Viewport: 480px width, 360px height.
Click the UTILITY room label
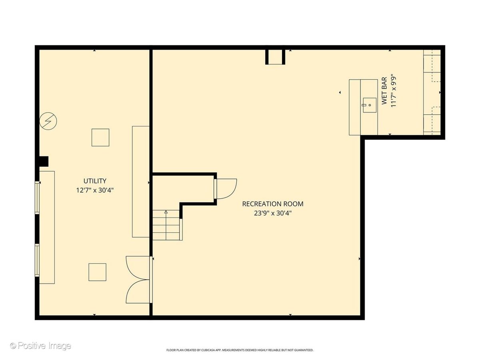point(95,181)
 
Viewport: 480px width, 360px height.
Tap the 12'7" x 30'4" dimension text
point(95,190)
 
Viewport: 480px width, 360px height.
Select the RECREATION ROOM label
point(273,204)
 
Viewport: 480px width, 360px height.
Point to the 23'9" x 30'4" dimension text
point(273,213)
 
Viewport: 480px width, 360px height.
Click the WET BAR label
point(384,91)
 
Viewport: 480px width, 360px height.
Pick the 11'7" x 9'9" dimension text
point(394,92)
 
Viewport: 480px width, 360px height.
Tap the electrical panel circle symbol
point(48,121)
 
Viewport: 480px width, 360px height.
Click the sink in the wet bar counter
point(370,105)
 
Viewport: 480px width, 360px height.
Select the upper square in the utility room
point(100,138)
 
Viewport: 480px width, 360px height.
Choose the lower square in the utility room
point(97,272)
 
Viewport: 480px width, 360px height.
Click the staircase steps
point(166,225)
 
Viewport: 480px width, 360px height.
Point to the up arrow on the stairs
point(166,212)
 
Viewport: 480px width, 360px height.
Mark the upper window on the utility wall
point(37,198)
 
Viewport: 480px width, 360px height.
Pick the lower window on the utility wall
point(37,260)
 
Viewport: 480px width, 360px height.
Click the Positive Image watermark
point(41,346)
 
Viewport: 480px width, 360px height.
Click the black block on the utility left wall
point(44,161)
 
